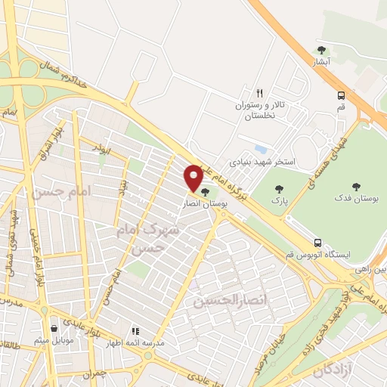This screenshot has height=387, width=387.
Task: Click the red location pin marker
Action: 193,178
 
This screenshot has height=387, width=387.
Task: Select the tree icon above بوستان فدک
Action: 355,184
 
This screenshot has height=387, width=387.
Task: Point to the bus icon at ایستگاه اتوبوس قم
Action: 317,243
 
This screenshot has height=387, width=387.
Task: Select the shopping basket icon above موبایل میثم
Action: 53,329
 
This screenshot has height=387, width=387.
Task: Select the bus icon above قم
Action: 342,95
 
